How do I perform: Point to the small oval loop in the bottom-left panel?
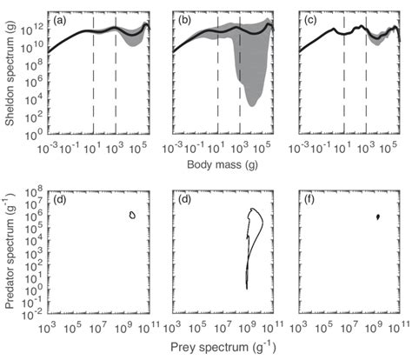click(x=132, y=215)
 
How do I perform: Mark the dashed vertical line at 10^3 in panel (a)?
click(x=116, y=78)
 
